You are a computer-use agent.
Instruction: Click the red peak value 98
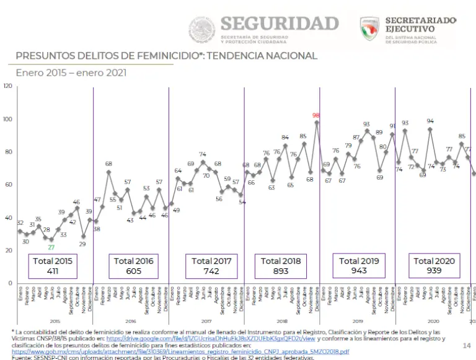coord(316,115)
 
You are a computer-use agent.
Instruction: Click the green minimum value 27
coord(51,247)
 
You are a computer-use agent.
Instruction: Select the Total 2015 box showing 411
coord(53,266)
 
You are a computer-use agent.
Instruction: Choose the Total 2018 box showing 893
coord(281,266)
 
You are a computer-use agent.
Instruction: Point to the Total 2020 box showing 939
coord(434,266)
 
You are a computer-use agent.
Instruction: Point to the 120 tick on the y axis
coord(7,86)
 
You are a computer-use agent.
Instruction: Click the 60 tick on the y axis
coord(9,185)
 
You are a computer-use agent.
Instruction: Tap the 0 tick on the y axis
coord(10,283)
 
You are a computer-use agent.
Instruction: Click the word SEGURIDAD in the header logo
coord(280,24)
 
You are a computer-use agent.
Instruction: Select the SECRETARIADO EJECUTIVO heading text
coord(420,25)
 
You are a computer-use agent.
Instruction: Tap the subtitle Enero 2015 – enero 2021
coord(71,72)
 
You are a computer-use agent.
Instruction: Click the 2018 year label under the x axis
coord(282,321)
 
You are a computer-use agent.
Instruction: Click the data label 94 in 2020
coord(430,121)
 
